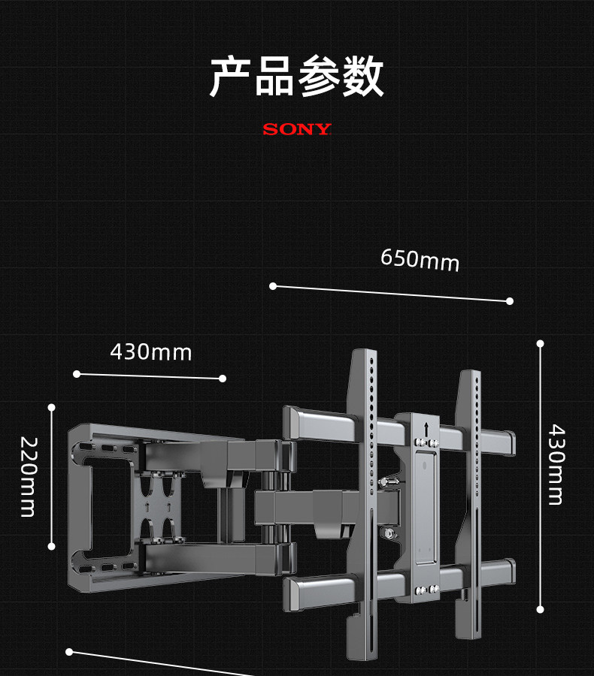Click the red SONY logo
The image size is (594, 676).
click(x=297, y=129)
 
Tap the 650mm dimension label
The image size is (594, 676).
click(x=420, y=260)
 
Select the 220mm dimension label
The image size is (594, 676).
click(x=28, y=477)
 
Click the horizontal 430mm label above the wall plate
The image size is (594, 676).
click(x=151, y=352)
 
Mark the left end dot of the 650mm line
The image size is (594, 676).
click(x=273, y=286)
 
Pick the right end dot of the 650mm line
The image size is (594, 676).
click(x=510, y=301)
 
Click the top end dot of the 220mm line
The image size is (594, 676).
click(x=52, y=408)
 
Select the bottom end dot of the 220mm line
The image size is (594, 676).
click(x=52, y=546)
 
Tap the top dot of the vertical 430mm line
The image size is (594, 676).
click(x=540, y=344)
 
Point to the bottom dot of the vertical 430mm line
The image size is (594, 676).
click(x=540, y=609)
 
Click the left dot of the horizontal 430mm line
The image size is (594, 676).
click(x=76, y=373)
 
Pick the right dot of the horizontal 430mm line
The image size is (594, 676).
click(x=223, y=379)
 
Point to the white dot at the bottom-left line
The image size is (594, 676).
click(x=69, y=651)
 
